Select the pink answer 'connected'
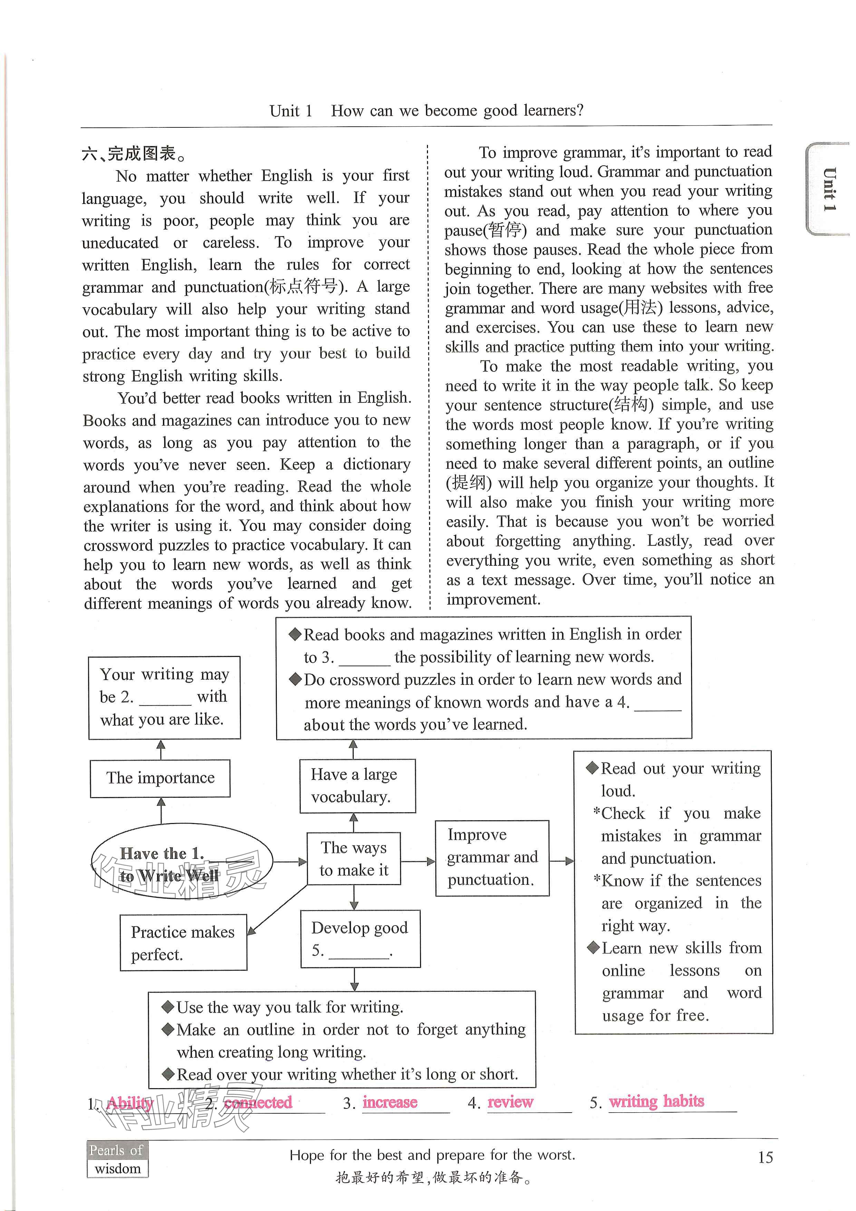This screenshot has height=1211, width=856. coord(258,1102)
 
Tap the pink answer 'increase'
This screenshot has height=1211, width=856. coord(390,1102)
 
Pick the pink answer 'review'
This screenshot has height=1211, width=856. coord(510,1102)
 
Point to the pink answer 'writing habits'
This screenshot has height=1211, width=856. coord(656,1101)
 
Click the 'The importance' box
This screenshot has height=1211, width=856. coord(160,778)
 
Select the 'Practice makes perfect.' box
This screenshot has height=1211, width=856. coord(183,942)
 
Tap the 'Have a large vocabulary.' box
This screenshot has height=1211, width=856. coord(357,785)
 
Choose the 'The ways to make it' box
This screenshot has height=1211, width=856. coord(353,858)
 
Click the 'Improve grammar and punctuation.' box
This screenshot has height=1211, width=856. coord(492,858)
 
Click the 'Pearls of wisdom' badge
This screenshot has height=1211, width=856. coord(117,1159)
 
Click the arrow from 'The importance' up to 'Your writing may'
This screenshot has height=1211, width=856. coord(161,749)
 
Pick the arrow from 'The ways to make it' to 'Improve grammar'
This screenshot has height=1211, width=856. coord(418,861)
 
